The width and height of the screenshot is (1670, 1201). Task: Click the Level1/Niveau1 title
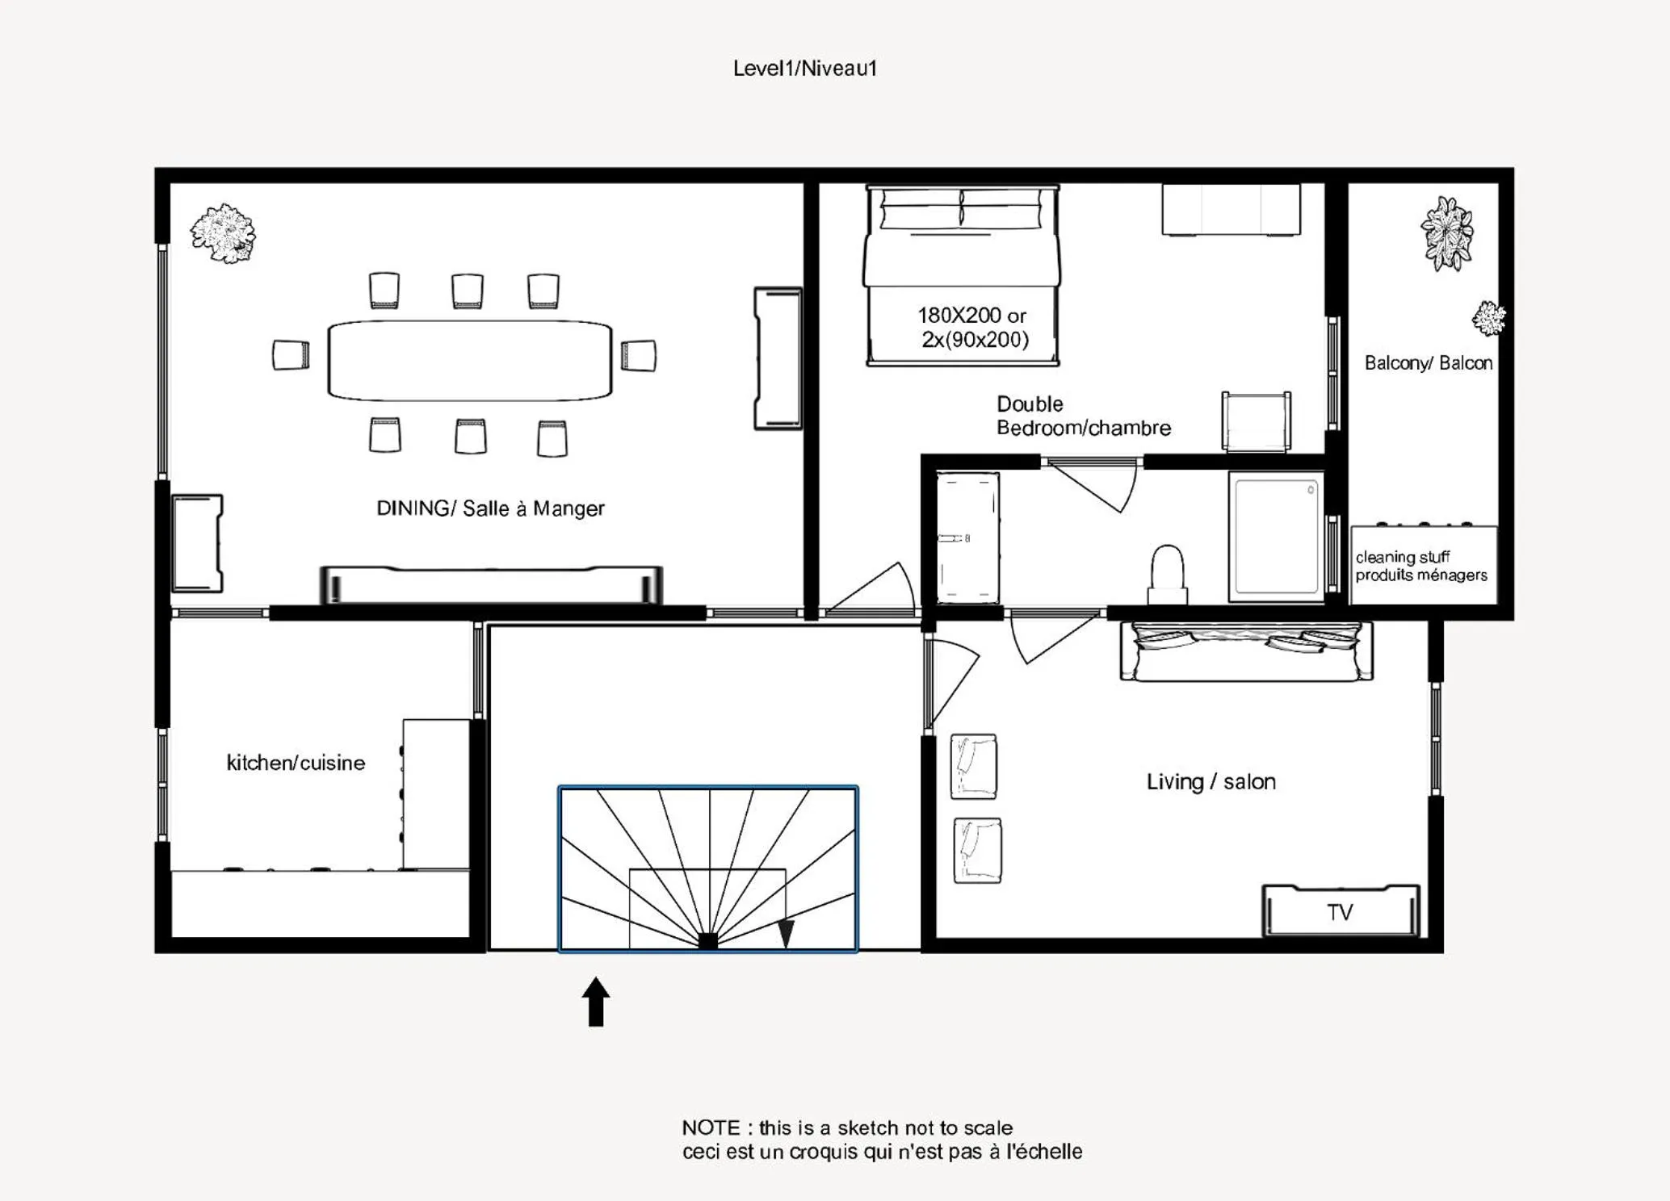click(804, 69)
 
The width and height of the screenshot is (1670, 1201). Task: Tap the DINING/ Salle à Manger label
click(490, 508)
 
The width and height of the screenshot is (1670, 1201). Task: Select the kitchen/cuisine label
click(296, 763)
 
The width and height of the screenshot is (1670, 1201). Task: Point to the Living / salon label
click(1211, 781)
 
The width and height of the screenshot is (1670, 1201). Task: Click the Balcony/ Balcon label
click(1429, 363)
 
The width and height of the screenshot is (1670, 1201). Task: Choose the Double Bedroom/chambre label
click(1083, 416)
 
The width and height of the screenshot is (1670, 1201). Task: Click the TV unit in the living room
click(1341, 911)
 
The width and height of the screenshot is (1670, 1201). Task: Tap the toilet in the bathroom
click(1167, 574)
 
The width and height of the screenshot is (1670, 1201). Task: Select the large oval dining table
click(470, 360)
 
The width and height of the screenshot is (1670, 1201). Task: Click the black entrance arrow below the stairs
click(596, 1002)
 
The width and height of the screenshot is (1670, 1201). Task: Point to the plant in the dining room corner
click(223, 232)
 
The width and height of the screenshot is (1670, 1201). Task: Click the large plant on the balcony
click(1447, 234)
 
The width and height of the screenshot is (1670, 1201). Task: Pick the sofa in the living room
click(1246, 651)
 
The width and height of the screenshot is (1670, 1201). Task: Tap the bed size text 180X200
click(959, 316)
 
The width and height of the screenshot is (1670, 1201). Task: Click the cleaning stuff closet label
click(1421, 566)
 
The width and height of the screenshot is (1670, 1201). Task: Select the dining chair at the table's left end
click(291, 355)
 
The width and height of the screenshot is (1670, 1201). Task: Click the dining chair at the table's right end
click(639, 355)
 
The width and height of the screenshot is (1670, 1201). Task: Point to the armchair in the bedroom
click(1256, 421)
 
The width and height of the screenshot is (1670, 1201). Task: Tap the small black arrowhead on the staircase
click(786, 934)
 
